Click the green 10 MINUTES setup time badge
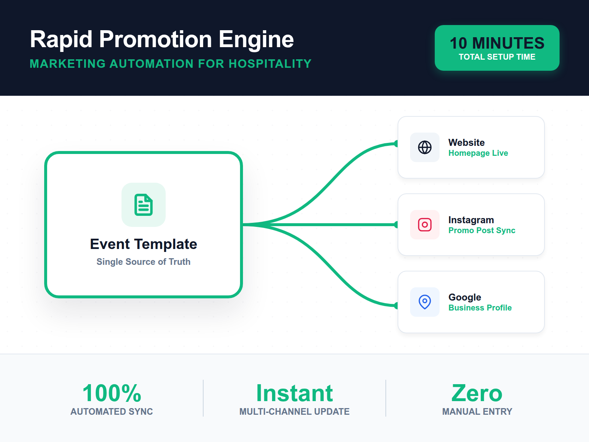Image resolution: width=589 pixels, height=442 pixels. [x=497, y=48]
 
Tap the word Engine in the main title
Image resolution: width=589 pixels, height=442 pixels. [x=256, y=40]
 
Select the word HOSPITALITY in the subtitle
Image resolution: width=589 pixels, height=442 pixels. [x=270, y=64]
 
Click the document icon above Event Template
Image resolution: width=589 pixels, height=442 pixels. [x=144, y=205]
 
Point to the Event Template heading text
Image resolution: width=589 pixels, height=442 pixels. [x=144, y=244]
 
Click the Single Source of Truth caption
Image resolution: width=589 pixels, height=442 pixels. [x=144, y=262]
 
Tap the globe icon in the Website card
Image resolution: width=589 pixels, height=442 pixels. [x=425, y=147]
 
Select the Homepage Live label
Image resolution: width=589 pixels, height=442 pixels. [x=478, y=153]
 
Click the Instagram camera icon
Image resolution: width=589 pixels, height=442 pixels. [x=425, y=225]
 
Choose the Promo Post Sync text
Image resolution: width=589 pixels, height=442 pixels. [x=482, y=230]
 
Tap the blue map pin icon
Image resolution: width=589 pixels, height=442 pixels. [x=425, y=302]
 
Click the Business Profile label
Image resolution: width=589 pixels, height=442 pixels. [x=480, y=308]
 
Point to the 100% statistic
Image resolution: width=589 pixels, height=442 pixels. [x=112, y=393]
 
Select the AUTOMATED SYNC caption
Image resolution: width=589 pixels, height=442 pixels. [x=112, y=411]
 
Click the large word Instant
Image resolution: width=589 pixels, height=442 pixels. [x=294, y=393]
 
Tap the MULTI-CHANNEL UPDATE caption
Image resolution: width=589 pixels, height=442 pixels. [x=294, y=411]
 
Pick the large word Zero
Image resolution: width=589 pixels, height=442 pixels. [x=477, y=393]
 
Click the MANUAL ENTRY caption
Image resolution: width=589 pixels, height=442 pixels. [x=477, y=411]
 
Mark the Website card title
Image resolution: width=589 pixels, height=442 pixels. [x=467, y=143]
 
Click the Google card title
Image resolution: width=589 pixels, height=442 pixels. [x=465, y=297]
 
